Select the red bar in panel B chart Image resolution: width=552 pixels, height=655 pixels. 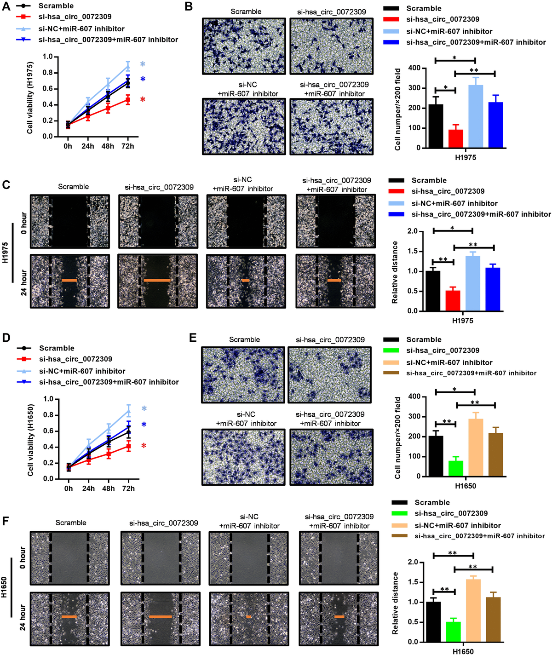tap(456, 138)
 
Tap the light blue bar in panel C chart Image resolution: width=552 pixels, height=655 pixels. tap(473, 283)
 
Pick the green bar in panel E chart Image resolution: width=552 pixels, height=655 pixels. tap(456, 468)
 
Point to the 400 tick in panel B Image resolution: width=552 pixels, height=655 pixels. tap(414, 68)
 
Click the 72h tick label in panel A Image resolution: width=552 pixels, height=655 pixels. tap(127, 146)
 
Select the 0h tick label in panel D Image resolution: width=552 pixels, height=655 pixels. tap(69, 488)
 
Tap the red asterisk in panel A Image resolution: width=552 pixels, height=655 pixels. tap(143, 100)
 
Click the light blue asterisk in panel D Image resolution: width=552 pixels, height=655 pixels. tap(144, 409)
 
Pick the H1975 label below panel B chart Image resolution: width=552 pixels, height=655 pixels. tap(466, 157)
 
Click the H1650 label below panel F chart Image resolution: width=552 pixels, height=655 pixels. tap(463, 651)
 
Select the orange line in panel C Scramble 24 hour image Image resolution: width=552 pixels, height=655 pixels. tap(69, 280)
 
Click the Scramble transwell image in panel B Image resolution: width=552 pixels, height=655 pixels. tap(244, 46)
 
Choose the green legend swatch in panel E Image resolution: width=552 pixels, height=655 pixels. tap(391, 350)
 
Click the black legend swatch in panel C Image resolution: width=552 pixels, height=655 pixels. tap(396, 180)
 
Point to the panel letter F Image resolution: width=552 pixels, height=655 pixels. tap(6, 521)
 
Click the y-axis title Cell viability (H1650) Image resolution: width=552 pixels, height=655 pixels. tap(30, 440)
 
